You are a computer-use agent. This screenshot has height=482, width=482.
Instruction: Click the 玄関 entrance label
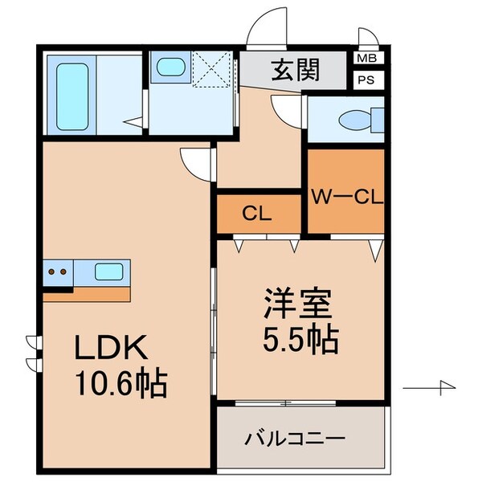296,69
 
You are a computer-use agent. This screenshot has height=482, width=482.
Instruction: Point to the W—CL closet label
346,194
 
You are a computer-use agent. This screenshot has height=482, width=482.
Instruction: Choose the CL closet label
258,214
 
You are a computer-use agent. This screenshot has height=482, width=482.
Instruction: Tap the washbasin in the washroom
170,68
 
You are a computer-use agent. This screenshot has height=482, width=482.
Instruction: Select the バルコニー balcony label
295,439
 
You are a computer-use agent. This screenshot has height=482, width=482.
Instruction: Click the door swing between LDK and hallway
197,165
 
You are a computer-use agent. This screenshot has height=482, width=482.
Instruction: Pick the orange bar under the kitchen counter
87,294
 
